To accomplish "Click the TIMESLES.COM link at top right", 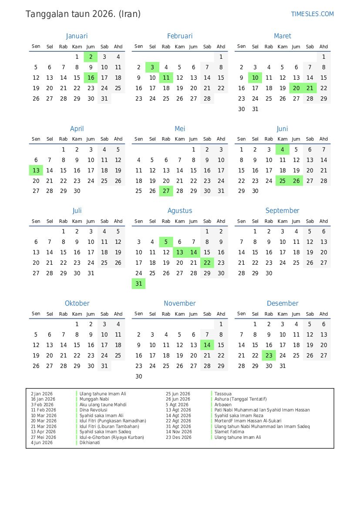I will point(312,14).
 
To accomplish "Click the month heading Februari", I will point(179,36).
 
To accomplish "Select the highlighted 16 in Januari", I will point(91,78).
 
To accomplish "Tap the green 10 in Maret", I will point(255,78).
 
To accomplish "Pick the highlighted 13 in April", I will point(36,171).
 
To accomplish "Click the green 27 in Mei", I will point(166,191).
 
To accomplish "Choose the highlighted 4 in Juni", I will point(283,150).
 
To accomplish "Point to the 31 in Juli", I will point(91,273).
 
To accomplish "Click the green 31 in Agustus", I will point(139,284).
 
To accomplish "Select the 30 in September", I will point(269,273).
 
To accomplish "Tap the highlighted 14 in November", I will point(207,345).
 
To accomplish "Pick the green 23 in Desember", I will point(269,355).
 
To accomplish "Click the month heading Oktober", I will point(77,303).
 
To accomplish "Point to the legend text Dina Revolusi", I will point(93,410).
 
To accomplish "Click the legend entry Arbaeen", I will point(223,405).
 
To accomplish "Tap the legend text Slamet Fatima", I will point(229,432).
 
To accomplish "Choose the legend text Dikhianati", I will point(90,443).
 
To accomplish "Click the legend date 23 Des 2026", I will point(178,437).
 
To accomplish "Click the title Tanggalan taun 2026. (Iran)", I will point(83,14).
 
